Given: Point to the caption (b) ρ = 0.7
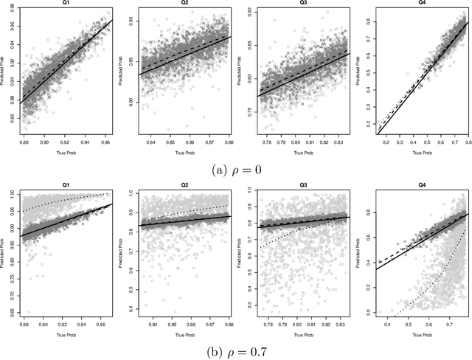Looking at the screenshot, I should pos(236,350).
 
